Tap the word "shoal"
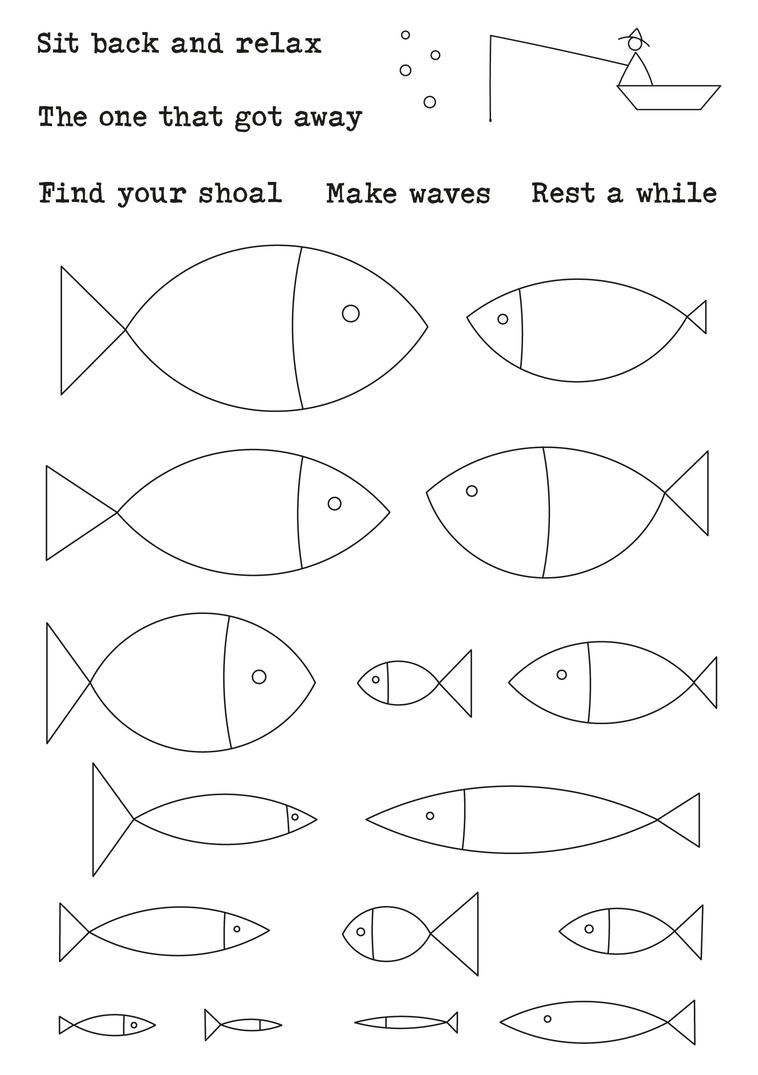(x=240, y=193)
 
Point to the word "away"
(x=328, y=118)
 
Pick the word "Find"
(x=72, y=193)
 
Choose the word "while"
(x=677, y=193)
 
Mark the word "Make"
(x=362, y=193)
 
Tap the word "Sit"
(x=58, y=43)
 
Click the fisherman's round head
(x=634, y=43)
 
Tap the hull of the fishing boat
(x=669, y=97)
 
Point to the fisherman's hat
(x=634, y=35)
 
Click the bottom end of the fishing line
(x=490, y=121)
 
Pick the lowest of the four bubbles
(x=430, y=102)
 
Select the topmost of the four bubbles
(x=406, y=35)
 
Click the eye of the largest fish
(x=351, y=313)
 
